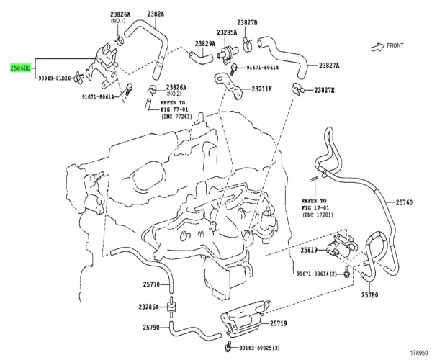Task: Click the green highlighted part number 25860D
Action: (x=21, y=68)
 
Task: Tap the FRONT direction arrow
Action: (x=378, y=47)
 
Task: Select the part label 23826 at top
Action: (x=156, y=14)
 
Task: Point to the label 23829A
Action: (x=205, y=43)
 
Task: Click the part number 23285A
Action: (x=227, y=32)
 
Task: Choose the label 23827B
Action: (x=248, y=22)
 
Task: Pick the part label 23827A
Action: (x=329, y=66)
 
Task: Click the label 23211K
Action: (x=261, y=89)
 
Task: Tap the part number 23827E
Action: (x=324, y=90)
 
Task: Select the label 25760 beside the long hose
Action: (x=404, y=203)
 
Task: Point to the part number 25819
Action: (x=309, y=250)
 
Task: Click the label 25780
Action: (x=370, y=295)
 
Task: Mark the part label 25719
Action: (x=278, y=323)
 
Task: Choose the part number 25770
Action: (x=151, y=284)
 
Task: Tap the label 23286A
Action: (x=148, y=307)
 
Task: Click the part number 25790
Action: (x=151, y=328)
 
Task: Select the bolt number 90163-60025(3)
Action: (x=259, y=348)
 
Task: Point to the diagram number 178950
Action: (x=419, y=353)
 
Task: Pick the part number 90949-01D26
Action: (x=55, y=78)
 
